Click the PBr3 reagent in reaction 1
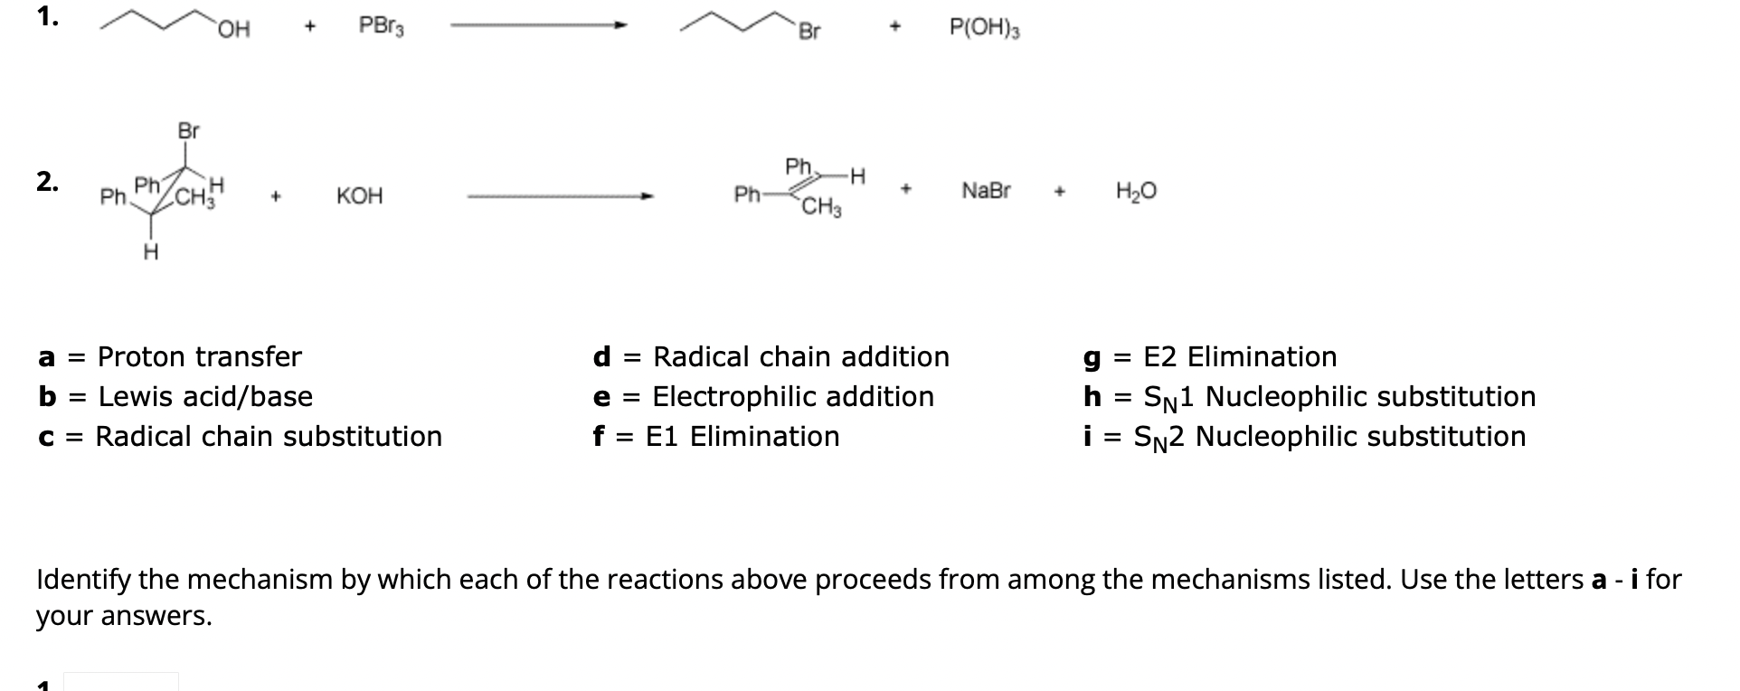point(381,27)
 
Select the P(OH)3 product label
point(984,29)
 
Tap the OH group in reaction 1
point(233,31)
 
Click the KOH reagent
point(359,196)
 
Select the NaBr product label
point(986,191)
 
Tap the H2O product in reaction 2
point(1136,191)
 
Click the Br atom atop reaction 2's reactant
point(188,131)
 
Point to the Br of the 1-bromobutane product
point(809,33)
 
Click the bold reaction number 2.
point(48,181)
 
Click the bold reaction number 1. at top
point(48,18)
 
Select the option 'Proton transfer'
point(199,356)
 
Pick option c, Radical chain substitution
point(269,436)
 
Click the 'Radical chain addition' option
point(800,356)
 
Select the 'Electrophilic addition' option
point(792,396)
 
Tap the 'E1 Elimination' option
point(742,436)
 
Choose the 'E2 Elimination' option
point(1239,356)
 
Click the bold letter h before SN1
point(1092,396)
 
